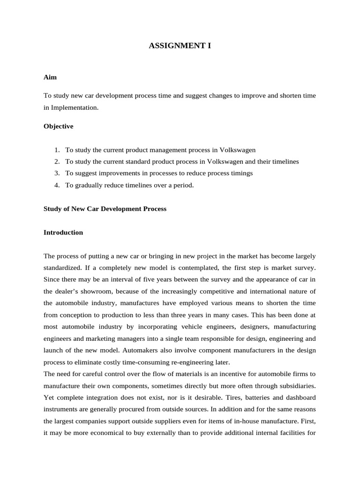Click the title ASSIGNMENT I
click(180, 46)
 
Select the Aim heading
click(50, 77)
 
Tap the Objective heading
click(58, 126)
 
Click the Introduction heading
click(63, 232)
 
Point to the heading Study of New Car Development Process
click(105, 209)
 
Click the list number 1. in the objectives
click(57, 150)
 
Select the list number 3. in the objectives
click(57, 173)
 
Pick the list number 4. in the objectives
click(57, 185)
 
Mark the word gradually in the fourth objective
click(88, 185)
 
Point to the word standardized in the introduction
click(62, 268)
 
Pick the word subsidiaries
click(295, 385)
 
